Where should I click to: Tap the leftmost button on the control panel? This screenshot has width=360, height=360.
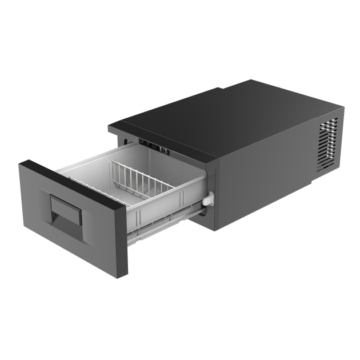click(141, 143)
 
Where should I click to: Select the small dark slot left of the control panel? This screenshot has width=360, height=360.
click(123, 141)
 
